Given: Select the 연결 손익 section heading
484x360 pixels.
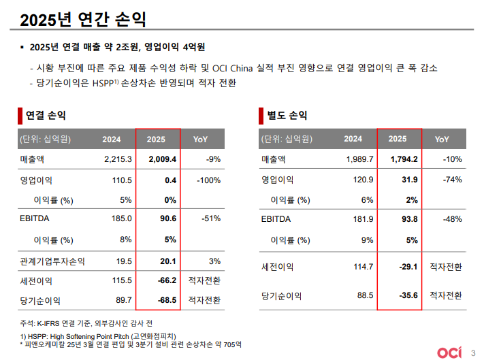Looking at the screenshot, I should point(45,115).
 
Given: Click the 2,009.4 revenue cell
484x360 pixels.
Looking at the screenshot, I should point(162,160).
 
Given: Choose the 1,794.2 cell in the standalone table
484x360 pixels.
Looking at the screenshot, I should point(403,160).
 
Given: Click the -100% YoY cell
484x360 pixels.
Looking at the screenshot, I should point(207,180).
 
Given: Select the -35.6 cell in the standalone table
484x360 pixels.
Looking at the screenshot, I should point(406,296).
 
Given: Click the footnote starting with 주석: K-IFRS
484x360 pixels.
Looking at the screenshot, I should point(84,323).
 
